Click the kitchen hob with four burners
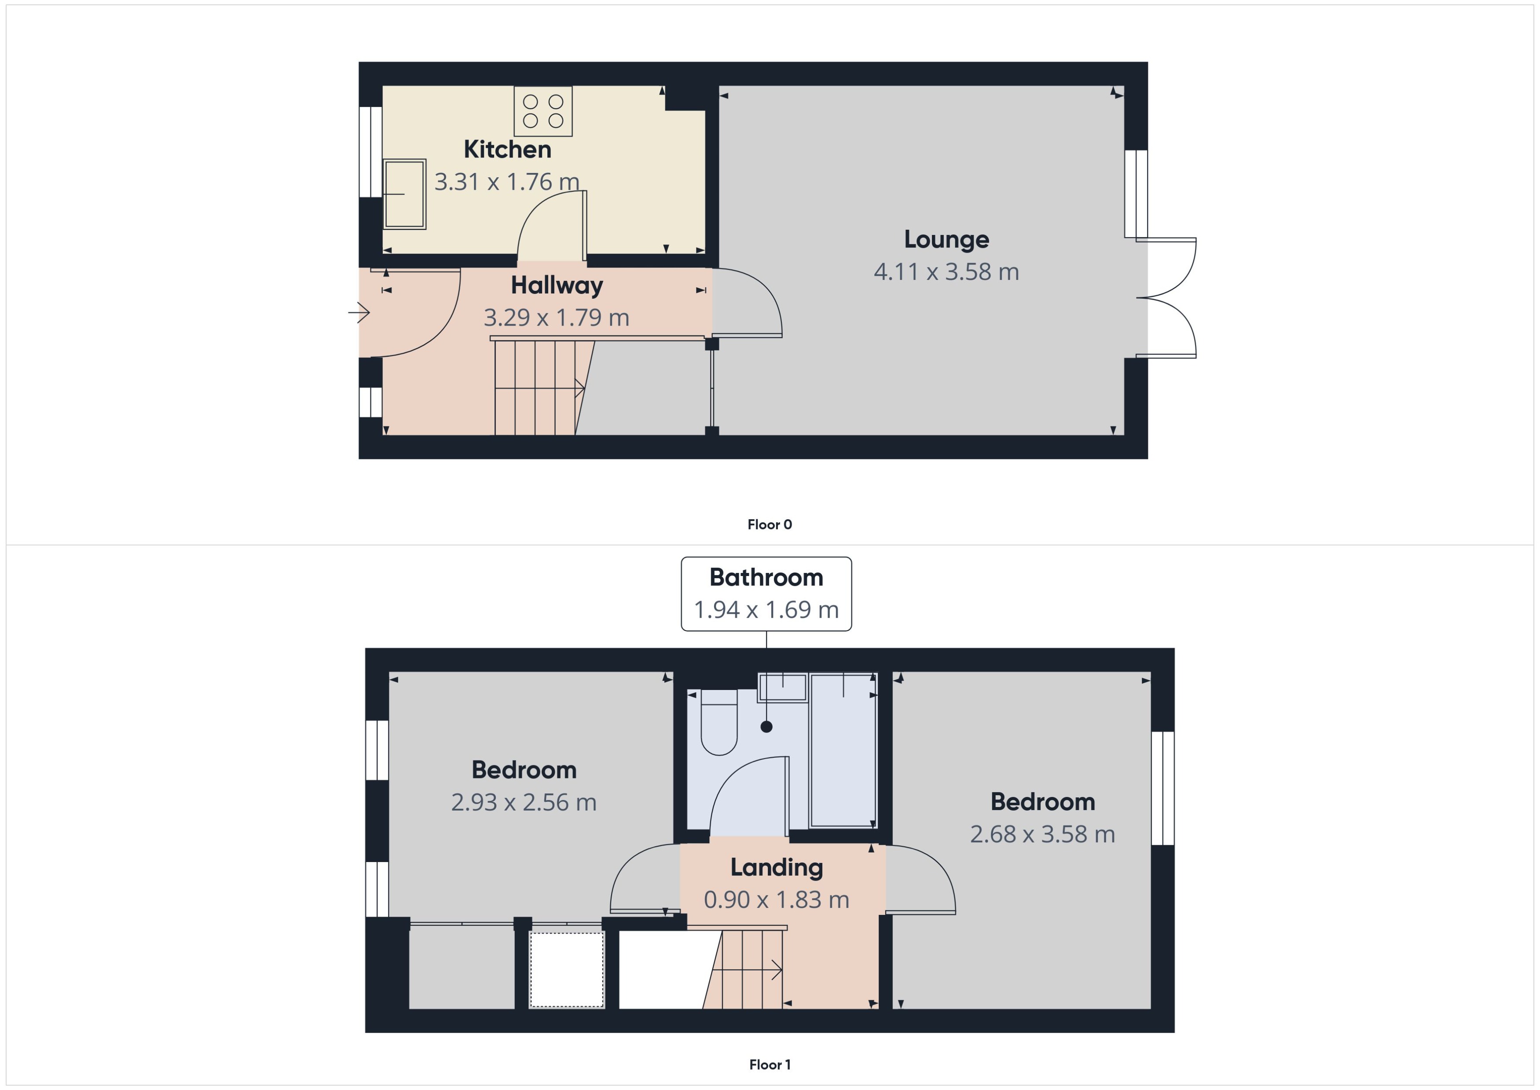click(543, 111)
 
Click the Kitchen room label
click(507, 149)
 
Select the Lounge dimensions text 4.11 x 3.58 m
click(946, 272)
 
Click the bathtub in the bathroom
click(843, 750)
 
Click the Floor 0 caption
click(769, 524)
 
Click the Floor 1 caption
click(769, 1064)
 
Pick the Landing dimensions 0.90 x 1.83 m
click(776, 899)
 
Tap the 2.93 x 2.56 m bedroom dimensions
click(524, 802)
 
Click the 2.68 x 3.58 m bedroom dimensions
click(1042, 834)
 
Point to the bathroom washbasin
click(782, 687)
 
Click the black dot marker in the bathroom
click(766, 726)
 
